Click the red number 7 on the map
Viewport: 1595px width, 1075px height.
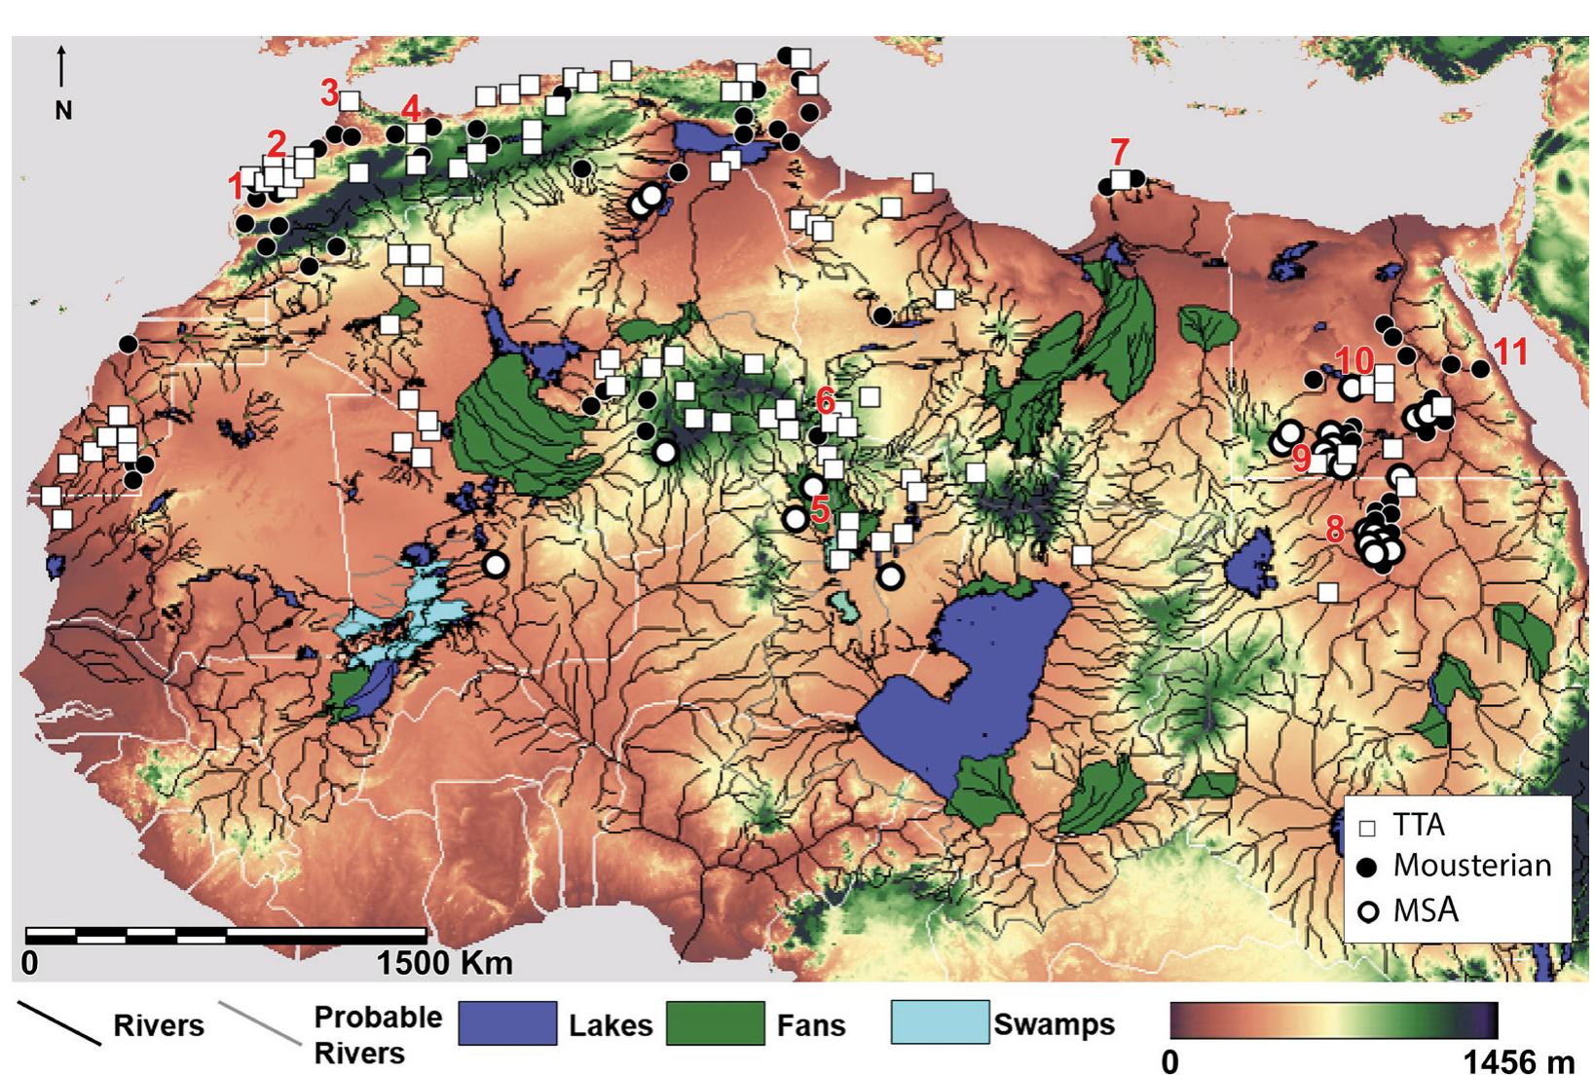click(x=1120, y=152)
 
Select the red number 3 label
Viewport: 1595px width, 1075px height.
click(x=329, y=94)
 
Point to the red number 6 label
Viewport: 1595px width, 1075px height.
click(x=826, y=399)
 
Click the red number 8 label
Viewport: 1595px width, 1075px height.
click(x=1334, y=530)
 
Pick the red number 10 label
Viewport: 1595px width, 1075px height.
click(x=1354, y=360)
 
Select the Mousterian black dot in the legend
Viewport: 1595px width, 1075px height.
click(x=1368, y=866)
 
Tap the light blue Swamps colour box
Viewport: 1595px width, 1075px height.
click(x=939, y=1023)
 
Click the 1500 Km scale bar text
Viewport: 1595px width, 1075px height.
click(x=444, y=963)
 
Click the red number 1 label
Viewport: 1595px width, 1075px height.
click(x=235, y=184)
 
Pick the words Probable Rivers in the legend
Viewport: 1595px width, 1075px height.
click(x=377, y=1035)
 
